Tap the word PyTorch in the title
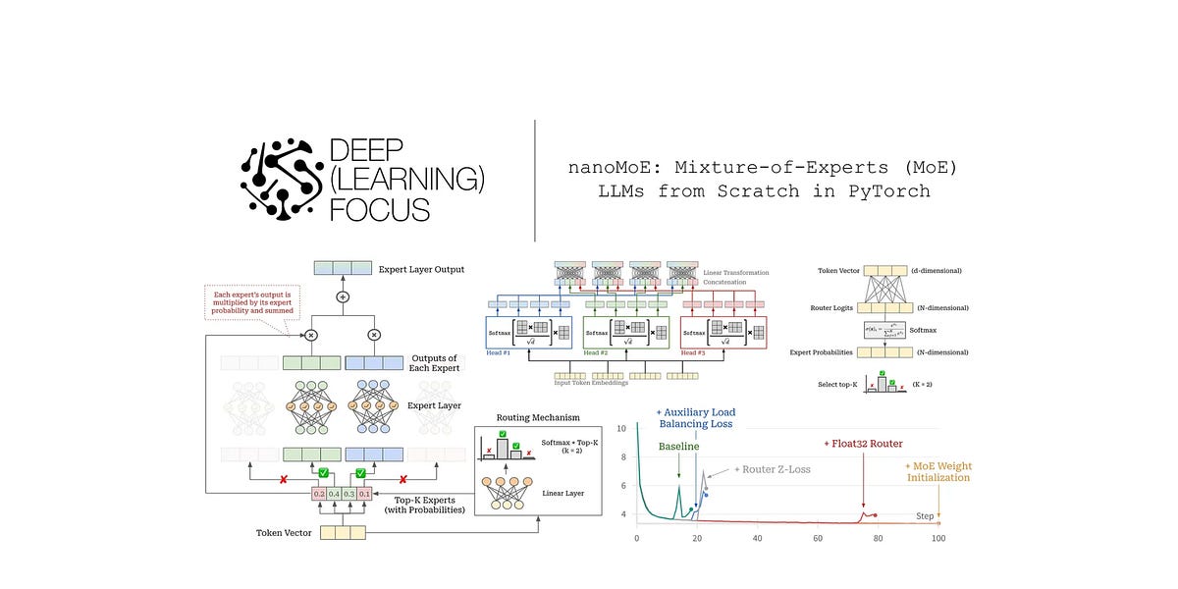pyautogui.click(x=887, y=190)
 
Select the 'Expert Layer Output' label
pyautogui.click(x=421, y=269)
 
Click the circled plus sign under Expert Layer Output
pyautogui.click(x=343, y=295)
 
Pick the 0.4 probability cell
pyautogui.click(x=334, y=495)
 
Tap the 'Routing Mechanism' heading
pyautogui.click(x=538, y=416)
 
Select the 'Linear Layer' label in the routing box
pyautogui.click(x=568, y=492)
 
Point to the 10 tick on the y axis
pyautogui.click(x=622, y=429)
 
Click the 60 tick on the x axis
pyautogui.click(x=818, y=538)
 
